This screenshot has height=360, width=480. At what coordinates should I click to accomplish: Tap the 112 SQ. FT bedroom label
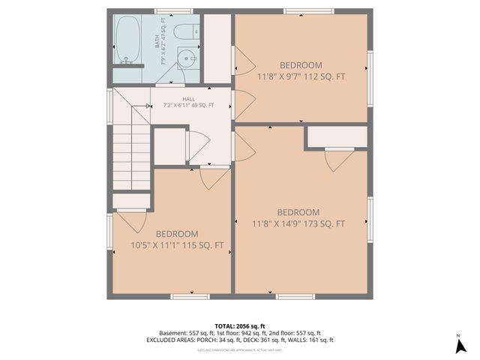tap(301, 70)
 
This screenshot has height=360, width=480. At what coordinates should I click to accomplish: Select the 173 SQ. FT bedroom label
tap(298, 217)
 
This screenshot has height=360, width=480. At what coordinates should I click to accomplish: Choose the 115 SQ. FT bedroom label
tap(178, 239)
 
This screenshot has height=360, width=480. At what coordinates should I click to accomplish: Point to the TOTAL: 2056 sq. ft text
tap(239, 325)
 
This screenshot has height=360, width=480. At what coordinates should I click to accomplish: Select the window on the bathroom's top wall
tap(172, 11)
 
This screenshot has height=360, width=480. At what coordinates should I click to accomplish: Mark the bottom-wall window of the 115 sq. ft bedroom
tap(189, 297)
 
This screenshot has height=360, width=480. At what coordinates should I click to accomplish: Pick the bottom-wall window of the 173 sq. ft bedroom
tap(295, 297)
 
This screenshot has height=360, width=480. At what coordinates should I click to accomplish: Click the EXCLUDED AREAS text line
tap(239, 341)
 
